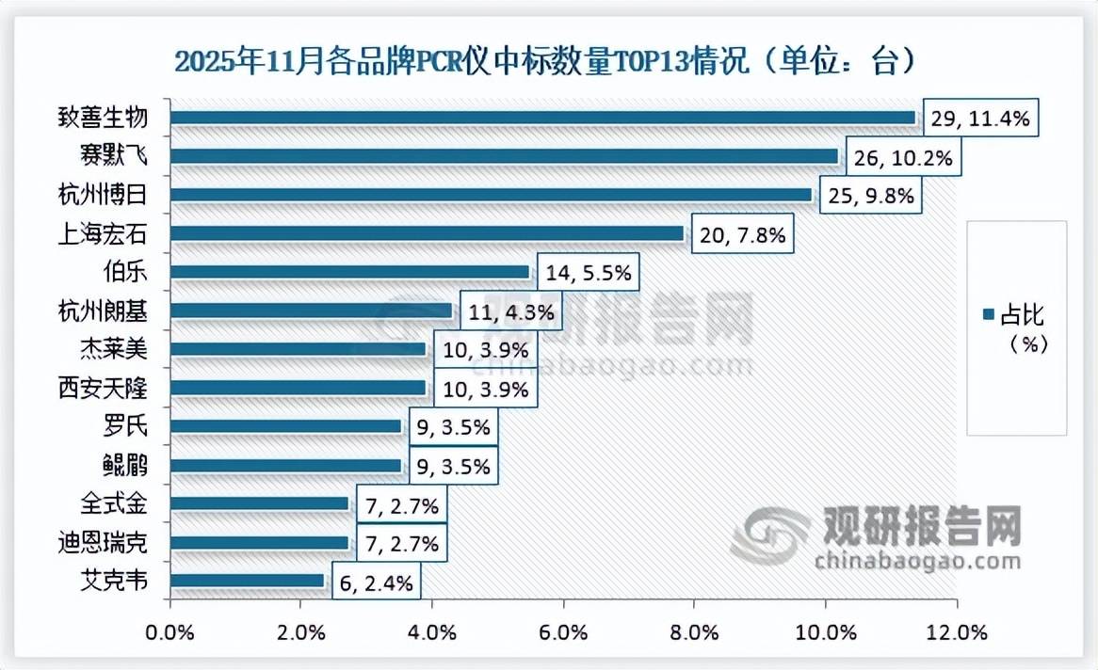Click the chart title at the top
545,63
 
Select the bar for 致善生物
542,118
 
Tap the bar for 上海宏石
427,233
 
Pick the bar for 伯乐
349,272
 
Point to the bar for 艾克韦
248,581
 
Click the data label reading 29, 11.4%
980,118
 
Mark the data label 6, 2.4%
374,582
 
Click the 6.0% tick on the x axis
563,631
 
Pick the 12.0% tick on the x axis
956,631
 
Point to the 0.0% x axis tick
170,631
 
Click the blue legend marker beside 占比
988,314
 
